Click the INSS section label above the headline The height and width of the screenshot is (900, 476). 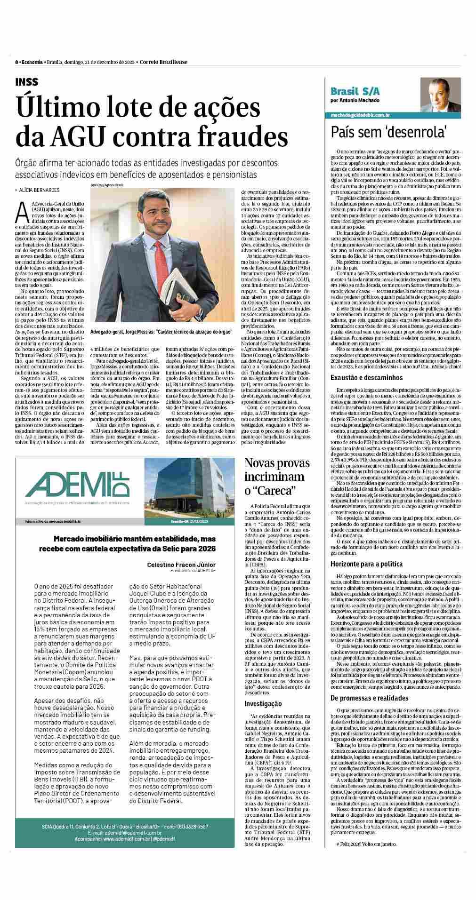click(x=27, y=82)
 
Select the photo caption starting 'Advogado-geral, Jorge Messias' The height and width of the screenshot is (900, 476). click(x=161, y=332)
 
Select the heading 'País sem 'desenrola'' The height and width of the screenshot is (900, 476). click(x=388, y=132)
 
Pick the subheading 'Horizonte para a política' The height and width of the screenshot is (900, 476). click(x=366, y=564)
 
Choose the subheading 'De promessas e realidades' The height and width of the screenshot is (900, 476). click(x=369, y=698)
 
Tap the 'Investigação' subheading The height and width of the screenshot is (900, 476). click(x=263, y=704)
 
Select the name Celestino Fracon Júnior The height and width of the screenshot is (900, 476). click(x=181, y=565)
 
